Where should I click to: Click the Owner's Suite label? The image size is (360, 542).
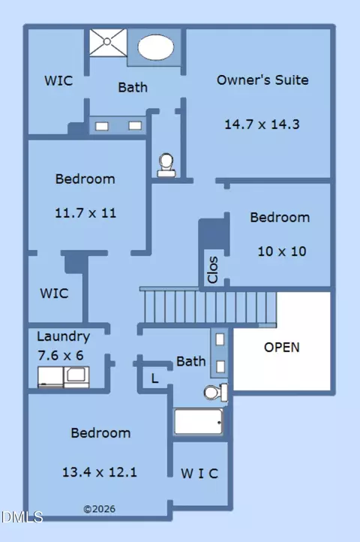(262, 80)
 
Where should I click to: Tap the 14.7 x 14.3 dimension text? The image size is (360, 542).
(262, 124)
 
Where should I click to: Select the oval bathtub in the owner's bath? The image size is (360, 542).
(156, 47)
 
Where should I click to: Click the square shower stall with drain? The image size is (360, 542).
(108, 42)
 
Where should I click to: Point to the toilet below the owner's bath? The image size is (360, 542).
(166, 165)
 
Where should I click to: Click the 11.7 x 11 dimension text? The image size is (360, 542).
(85, 212)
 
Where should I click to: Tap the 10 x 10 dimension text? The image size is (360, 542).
(282, 251)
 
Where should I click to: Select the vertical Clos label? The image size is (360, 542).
(213, 269)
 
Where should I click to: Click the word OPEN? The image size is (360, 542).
(281, 348)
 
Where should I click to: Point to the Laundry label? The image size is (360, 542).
(64, 336)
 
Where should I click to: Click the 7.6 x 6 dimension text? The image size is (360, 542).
(61, 355)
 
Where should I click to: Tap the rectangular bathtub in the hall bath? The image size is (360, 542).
(198, 422)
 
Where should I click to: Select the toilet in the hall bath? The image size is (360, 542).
(216, 393)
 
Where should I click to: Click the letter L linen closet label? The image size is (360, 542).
(154, 379)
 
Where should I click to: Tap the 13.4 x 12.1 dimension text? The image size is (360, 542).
(100, 472)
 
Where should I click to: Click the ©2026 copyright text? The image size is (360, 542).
(100, 509)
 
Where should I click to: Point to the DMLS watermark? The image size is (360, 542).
(22, 517)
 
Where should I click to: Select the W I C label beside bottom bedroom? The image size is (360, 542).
(199, 474)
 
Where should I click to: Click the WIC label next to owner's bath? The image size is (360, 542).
(58, 80)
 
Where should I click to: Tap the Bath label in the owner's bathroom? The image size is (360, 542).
(133, 87)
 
